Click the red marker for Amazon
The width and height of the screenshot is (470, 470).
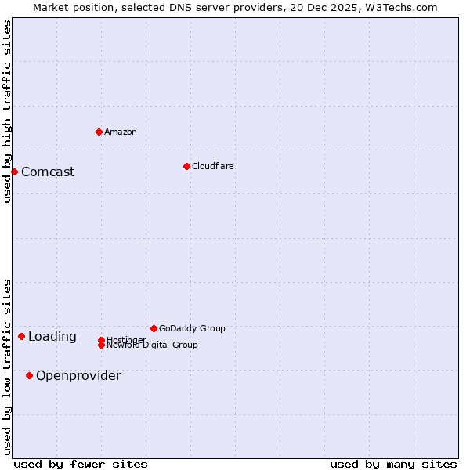coord(99,132)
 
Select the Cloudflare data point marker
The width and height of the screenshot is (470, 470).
coord(186,166)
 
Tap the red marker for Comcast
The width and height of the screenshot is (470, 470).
coord(14,172)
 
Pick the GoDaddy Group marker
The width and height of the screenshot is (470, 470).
coord(154,328)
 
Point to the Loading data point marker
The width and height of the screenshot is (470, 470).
coord(21,336)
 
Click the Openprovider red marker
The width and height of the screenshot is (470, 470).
coord(29,375)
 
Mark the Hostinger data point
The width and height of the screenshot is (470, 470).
coord(101,340)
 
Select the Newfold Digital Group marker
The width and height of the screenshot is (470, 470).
coord(101,345)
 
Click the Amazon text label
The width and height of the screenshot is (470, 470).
coord(121,132)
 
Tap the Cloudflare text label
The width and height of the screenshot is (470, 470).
coord(213,166)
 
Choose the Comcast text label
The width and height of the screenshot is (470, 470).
coord(48,172)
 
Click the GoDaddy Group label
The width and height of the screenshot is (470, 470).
coord(192,328)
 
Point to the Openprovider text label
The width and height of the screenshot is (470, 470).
coord(78,375)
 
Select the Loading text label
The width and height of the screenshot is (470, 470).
coord(52,336)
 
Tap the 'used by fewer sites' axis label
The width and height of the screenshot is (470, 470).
coord(81,464)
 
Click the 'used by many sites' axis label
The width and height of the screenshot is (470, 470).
coord(393,464)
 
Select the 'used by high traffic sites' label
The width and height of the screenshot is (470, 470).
coord(8,111)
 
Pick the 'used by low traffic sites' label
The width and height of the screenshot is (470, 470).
coord(8,367)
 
